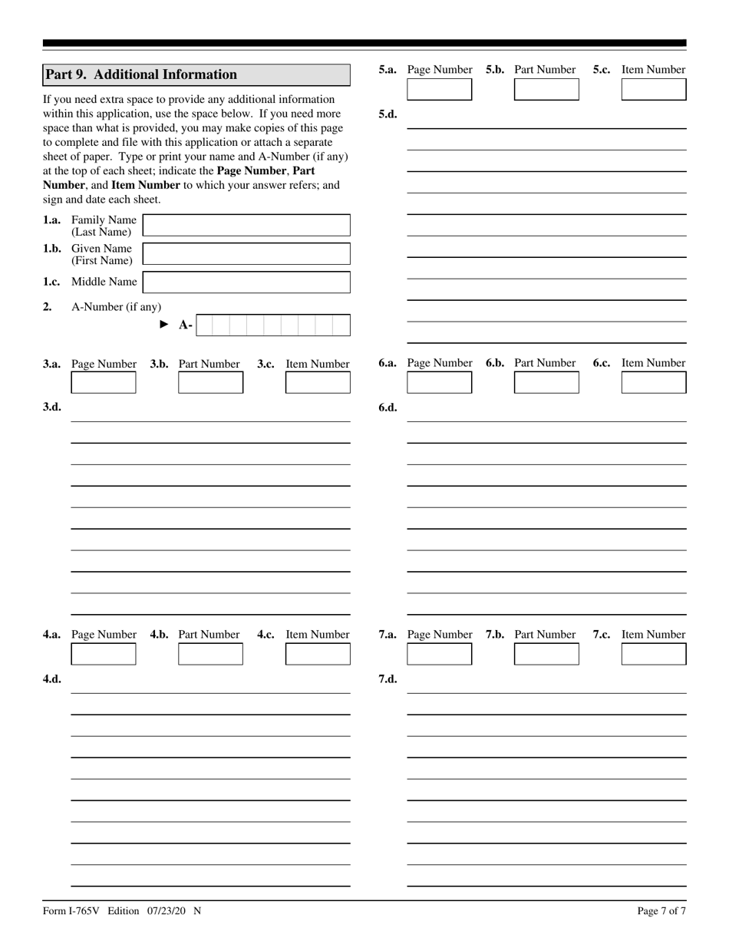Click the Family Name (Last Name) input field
pyautogui.click(x=246, y=226)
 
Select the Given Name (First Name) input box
pyautogui.click(x=246, y=254)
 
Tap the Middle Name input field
pyautogui.click(x=246, y=282)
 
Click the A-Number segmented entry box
pyautogui.click(x=272, y=325)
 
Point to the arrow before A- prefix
pyautogui.click(x=163, y=325)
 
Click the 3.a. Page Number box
pyautogui.click(x=103, y=383)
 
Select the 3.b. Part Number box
pyautogui.click(x=210, y=383)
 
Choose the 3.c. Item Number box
pyautogui.click(x=318, y=383)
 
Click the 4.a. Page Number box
pyautogui.click(x=103, y=654)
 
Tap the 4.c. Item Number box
pyautogui.click(x=318, y=654)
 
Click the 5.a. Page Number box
pyautogui.click(x=439, y=90)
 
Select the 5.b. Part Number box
pyautogui.click(x=546, y=90)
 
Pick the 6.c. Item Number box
pyautogui.click(x=654, y=383)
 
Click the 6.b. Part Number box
pyautogui.click(x=546, y=383)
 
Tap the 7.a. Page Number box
pyautogui.click(x=439, y=654)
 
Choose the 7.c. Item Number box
pyautogui.click(x=654, y=654)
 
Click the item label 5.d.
pyautogui.click(x=388, y=114)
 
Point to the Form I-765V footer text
pyautogui.click(x=122, y=911)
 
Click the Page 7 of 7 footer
pyautogui.click(x=661, y=911)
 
